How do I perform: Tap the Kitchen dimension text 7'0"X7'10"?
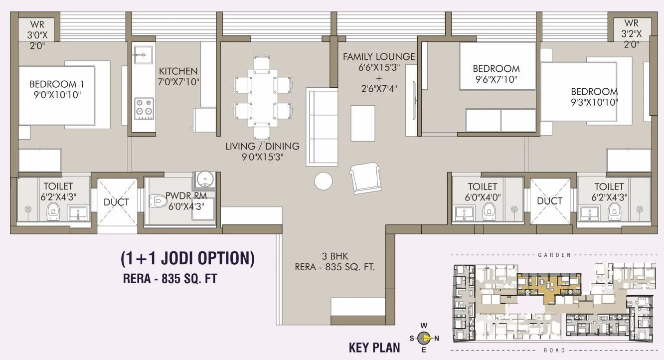[178, 82]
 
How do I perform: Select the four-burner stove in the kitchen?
[144, 108]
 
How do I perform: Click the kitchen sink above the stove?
[143, 54]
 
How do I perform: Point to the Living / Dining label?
[262, 147]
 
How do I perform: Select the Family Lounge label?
[379, 57]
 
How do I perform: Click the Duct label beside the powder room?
[117, 202]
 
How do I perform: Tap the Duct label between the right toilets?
[550, 201]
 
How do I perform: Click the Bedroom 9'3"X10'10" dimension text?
[594, 102]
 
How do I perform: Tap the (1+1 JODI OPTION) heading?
[187, 258]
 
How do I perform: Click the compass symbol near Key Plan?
[424, 338]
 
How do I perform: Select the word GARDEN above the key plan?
[554, 255]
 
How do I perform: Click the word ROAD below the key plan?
[554, 350]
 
